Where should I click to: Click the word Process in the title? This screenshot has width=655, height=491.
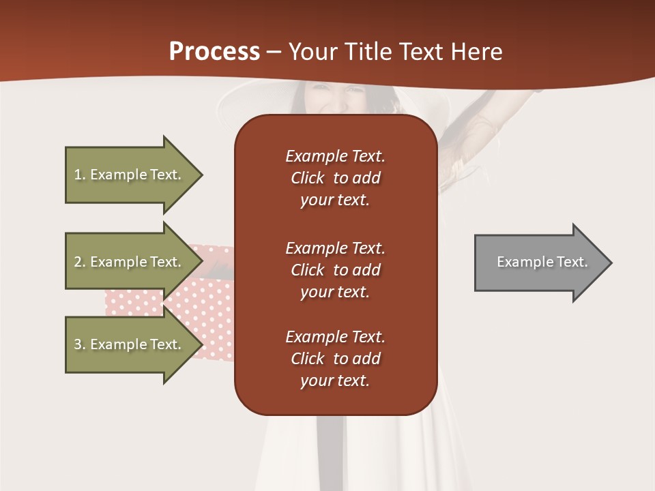pos(214,52)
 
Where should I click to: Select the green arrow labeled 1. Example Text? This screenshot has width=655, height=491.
pos(130,175)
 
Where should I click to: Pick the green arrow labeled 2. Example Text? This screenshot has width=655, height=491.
pos(130,262)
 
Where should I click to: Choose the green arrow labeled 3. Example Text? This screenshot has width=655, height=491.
pos(130,344)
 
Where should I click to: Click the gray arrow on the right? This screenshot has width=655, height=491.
pos(539,263)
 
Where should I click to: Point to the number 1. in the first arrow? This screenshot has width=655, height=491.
pos(80,175)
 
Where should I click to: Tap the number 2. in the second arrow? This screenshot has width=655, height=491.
pos(80,262)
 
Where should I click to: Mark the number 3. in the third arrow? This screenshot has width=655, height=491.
pos(80,344)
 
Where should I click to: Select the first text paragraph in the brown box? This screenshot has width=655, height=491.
pos(335,178)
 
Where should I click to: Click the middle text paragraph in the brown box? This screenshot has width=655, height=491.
pos(335,270)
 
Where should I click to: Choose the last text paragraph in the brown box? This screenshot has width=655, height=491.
pos(335,359)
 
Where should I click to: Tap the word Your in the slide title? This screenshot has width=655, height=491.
pos(312,52)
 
